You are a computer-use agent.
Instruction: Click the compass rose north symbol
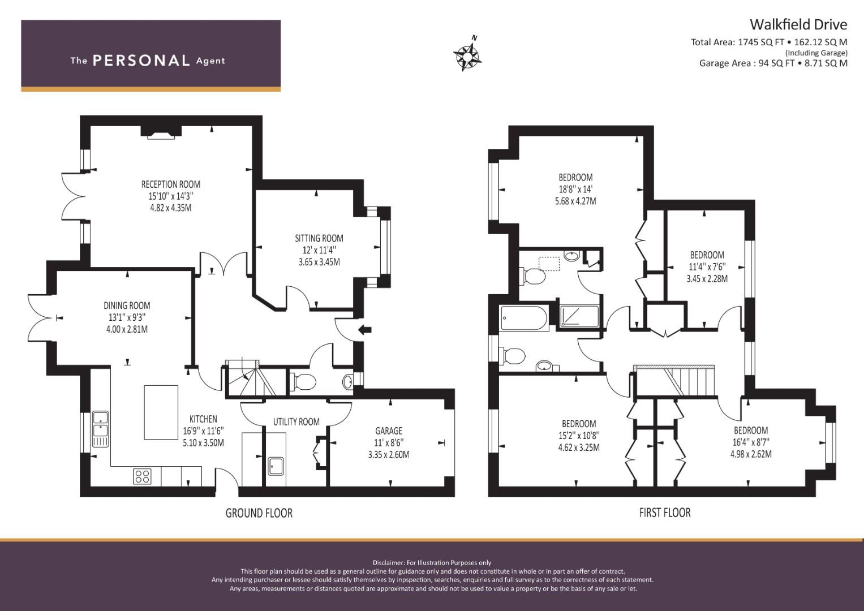(467, 55)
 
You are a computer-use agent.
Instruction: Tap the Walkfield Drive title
(798, 24)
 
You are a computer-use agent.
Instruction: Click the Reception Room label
(170, 184)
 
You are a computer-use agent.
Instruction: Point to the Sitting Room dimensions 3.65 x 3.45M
(319, 262)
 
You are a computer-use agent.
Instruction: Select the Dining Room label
(127, 305)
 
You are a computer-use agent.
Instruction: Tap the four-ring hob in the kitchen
(143, 476)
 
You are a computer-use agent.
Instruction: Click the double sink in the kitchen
(101, 429)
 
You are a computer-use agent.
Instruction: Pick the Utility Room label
(296, 421)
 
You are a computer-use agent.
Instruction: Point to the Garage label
(389, 431)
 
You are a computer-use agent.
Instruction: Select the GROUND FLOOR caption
(259, 513)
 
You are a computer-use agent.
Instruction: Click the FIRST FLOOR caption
(664, 513)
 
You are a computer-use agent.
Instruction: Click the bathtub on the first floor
(524, 319)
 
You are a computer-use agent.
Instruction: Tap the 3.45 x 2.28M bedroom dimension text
(707, 278)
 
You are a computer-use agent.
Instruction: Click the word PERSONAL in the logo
(141, 61)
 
